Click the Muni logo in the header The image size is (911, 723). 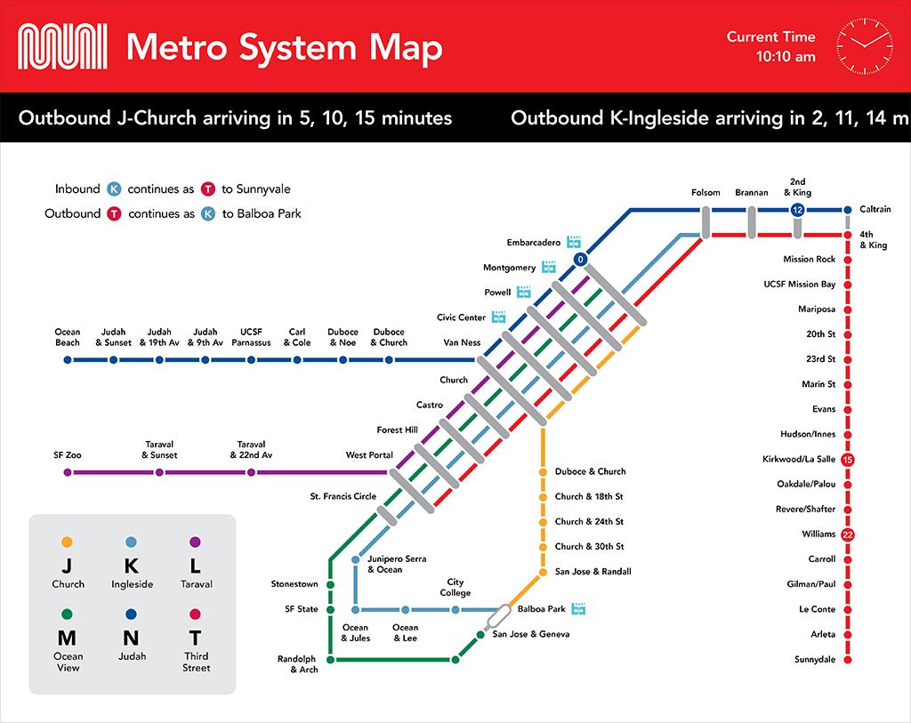[62, 46]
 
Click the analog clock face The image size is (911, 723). [865, 46]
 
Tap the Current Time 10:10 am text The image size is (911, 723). [771, 46]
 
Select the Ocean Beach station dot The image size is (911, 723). [68, 360]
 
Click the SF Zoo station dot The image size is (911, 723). [68, 472]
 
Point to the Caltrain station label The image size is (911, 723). [875, 209]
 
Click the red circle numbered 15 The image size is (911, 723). [848, 460]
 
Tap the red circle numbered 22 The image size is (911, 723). [848, 534]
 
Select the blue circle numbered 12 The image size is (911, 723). [798, 210]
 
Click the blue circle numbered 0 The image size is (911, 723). [580, 260]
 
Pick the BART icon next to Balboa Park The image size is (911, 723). [578, 608]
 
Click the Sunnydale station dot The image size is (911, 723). [848, 660]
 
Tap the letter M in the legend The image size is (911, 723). [67, 638]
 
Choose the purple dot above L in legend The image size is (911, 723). [195, 542]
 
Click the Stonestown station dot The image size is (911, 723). [331, 584]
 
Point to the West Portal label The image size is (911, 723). [369, 454]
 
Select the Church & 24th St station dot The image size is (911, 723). [543, 522]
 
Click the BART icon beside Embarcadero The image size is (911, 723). [574, 242]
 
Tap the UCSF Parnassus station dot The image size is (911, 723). [251, 360]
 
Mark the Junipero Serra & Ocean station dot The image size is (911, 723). [356, 560]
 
